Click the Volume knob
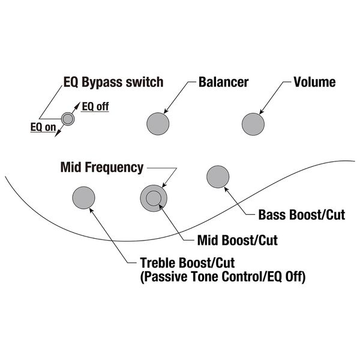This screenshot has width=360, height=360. click(x=253, y=124)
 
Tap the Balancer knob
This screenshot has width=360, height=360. click(x=158, y=124)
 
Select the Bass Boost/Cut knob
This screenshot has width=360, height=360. click(x=217, y=176)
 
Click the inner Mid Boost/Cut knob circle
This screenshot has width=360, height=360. click(x=153, y=197)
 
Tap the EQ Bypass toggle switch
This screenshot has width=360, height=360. click(x=68, y=119)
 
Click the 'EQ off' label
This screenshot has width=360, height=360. click(x=95, y=107)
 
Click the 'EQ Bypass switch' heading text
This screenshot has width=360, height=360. click(x=113, y=82)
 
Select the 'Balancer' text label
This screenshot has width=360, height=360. click(x=223, y=82)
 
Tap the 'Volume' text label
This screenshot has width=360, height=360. click(x=314, y=82)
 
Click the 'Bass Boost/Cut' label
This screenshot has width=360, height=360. click(x=301, y=215)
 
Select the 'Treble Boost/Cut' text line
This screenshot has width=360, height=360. click(x=187, y=263)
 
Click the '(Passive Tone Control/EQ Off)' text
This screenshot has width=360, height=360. click(x=222, y=278)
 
